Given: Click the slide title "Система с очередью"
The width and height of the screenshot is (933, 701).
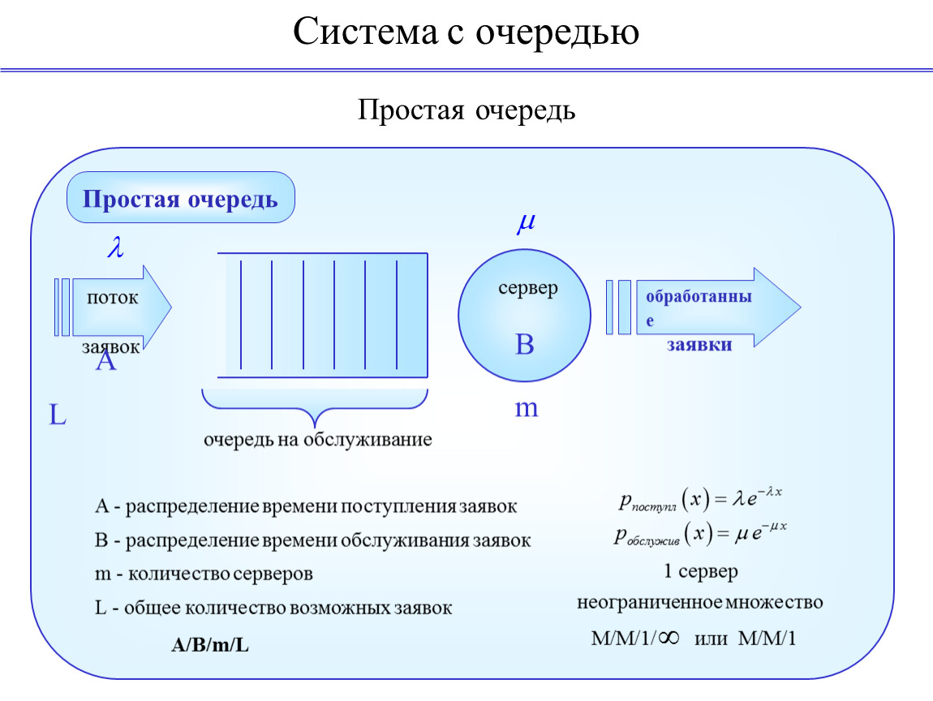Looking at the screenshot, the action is [466, 32].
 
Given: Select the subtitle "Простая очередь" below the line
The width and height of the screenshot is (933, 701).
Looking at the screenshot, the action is [466, 110].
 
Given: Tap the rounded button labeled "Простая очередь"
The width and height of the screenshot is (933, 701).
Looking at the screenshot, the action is [180, 198].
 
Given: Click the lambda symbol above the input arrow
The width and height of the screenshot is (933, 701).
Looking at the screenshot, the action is [115, 247].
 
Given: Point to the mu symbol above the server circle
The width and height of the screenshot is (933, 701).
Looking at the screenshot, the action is [526, 222].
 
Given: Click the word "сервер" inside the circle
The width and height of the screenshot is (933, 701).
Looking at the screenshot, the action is [528, 288].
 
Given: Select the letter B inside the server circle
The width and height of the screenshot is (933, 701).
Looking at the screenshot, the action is [524, 344].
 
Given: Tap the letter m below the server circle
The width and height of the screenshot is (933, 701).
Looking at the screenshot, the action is [527, 409].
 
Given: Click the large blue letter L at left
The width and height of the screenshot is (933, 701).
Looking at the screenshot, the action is [57, 415].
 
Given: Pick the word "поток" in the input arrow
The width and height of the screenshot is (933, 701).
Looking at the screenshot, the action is [113, 298].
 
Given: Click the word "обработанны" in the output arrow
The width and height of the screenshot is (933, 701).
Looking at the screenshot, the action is [699, 296].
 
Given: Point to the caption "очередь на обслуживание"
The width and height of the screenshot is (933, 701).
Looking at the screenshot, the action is [318, 440].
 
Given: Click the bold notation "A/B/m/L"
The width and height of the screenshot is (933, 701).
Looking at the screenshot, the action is [210, 644].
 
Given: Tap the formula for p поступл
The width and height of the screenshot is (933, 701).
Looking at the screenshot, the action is [700, 500].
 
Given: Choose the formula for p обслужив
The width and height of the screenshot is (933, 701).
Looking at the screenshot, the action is [700, 533].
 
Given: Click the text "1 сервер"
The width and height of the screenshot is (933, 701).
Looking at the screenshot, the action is [700, 571].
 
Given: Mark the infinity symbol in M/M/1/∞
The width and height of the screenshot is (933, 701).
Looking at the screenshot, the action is [669, 639].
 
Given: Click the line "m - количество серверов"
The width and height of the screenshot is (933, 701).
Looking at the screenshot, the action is [204, 574].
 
